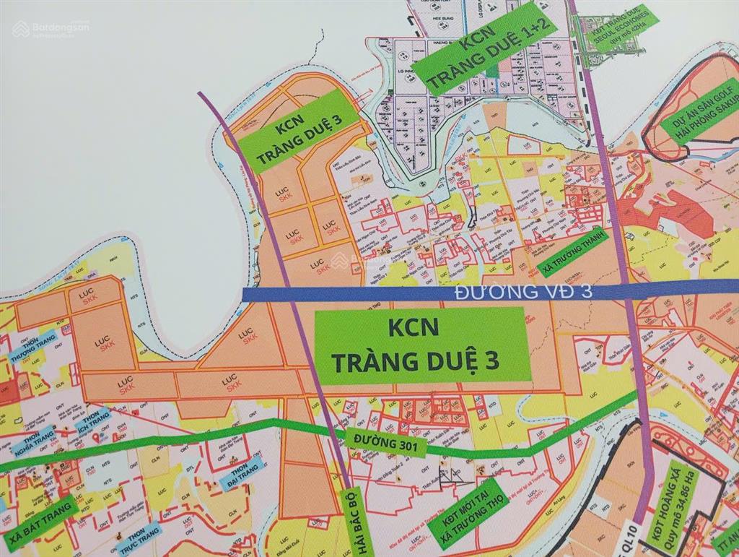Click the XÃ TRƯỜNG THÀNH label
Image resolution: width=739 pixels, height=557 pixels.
click(573, 253)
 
